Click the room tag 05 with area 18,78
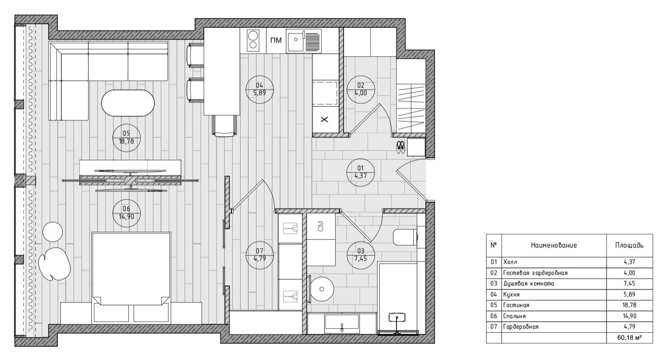127,138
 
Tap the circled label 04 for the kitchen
260,89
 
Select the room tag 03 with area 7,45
361,255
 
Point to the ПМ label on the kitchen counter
276,40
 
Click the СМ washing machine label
321,226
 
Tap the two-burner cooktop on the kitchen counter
253,41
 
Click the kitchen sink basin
304,41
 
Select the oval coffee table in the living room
128,103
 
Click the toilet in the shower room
405,237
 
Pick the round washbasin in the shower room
322,289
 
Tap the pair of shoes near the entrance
400,147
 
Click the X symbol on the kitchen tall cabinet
325,120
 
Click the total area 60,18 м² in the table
629,337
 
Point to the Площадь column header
629,245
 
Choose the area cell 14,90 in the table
629,316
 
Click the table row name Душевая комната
529,284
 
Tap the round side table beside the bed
52,232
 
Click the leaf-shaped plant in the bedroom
54,264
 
